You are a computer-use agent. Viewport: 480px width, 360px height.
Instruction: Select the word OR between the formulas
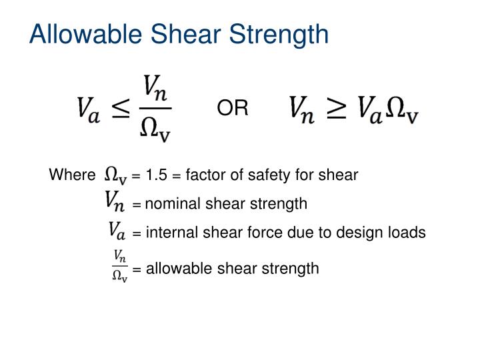[x=233, y=108]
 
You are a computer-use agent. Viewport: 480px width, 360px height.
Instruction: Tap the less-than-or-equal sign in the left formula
[x=123, y=109]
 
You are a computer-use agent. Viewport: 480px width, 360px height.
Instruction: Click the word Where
[x=72, y=175]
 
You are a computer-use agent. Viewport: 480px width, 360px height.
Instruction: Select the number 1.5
[x=157, y=175]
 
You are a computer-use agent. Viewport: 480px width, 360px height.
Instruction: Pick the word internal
[x=169, y=233]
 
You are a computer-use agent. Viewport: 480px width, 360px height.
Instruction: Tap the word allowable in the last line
[x=172, y=269]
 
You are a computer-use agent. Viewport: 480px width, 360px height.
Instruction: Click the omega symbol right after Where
[x=116, y=176]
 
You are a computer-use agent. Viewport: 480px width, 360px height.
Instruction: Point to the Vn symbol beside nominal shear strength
[x=116, y=201]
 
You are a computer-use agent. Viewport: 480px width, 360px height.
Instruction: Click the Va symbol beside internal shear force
[x=117, y=231]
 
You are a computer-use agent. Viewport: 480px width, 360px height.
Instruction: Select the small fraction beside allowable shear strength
[x=120, y=265]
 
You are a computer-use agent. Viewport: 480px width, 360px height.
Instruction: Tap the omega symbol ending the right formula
[x=401, y=109]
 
